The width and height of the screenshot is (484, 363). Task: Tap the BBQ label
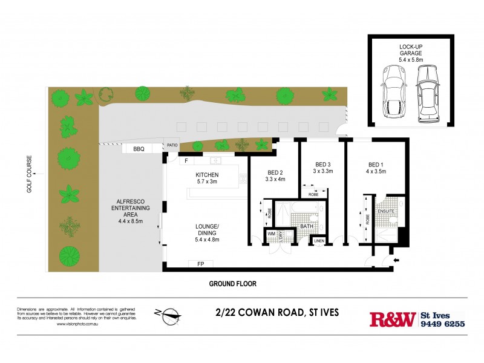point(139,149)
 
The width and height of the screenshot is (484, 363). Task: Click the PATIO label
point(172,145)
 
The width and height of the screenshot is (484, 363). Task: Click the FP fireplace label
point(200,264)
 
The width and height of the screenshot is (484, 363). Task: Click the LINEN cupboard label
point(319,241)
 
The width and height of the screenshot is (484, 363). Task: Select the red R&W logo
point(392,319)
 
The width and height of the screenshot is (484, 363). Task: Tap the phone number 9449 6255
point(442,324)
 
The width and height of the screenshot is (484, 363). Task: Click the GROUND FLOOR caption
point(233,283)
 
